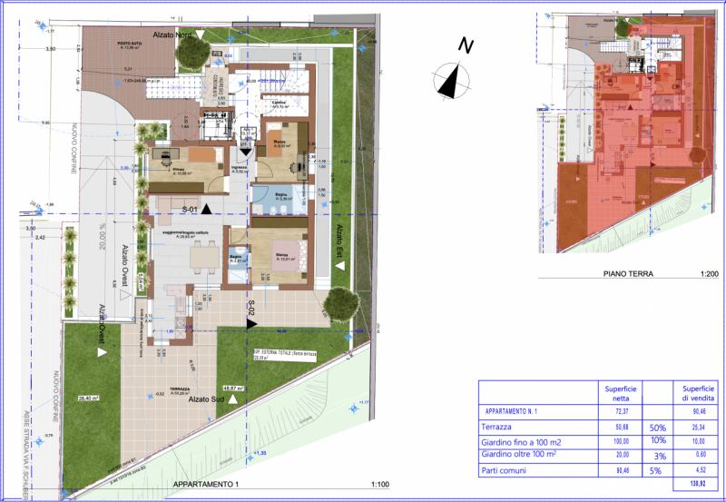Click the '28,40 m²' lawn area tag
coord(88,398)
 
